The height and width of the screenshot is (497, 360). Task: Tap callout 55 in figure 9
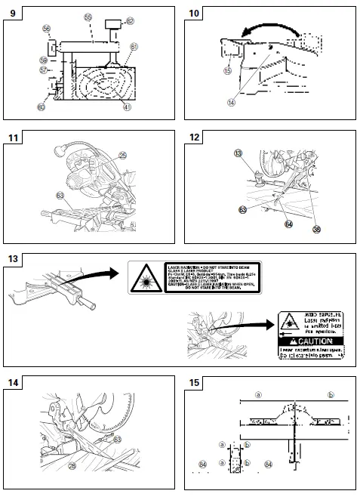(88, 17)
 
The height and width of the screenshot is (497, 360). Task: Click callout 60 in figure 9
(41, 108)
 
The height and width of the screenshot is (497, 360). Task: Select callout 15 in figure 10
(226, 70)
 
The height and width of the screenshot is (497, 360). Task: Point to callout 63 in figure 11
(60, 195)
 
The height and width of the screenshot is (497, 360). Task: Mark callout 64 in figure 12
(288, 224)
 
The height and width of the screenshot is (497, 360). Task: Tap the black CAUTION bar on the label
(311, 341)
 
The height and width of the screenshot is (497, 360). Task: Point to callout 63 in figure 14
(118, 439)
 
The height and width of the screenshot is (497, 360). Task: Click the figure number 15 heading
(193, 383)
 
